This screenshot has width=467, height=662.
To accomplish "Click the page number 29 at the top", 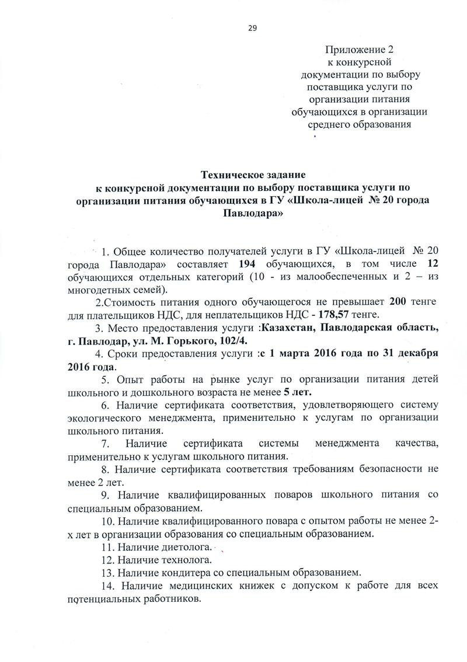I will click(253, 28).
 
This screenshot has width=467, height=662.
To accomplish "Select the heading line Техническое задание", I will click(253, 175).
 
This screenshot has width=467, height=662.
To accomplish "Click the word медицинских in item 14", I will click(190, 585).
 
